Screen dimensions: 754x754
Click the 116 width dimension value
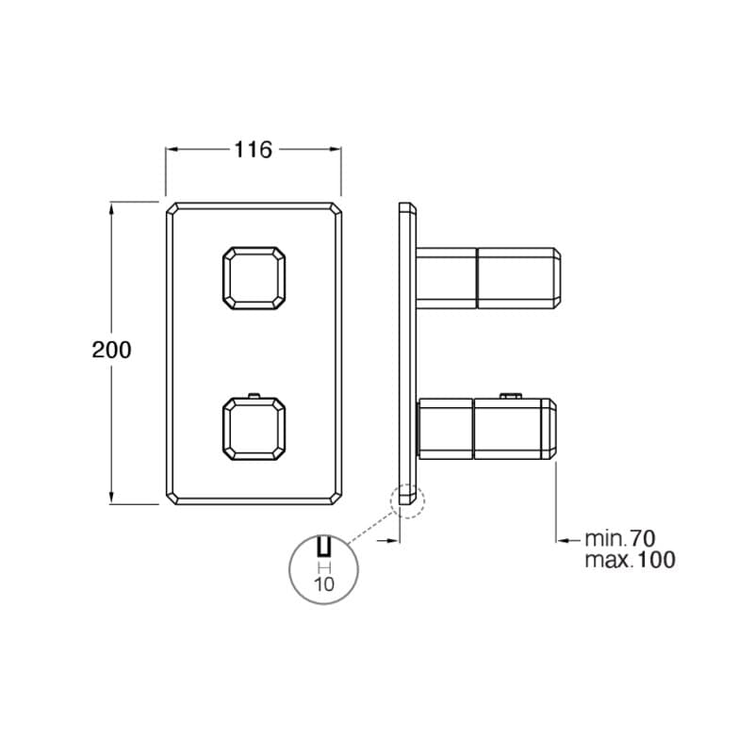(x=253, y=150)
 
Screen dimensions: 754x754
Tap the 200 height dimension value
(x=111, y=350)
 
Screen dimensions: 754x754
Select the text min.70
(x=620, y=538)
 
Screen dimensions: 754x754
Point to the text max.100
(x=630, y=560)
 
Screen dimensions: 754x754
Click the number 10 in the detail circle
(x=323, y=584)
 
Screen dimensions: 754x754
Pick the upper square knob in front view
(x=254, y=278)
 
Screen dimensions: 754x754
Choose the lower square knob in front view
(x=254, y=429)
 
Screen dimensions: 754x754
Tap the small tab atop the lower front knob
(x=254, y=396)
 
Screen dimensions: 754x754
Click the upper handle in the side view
(x=488, y=278)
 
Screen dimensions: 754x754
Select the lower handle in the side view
(x=487, y=429)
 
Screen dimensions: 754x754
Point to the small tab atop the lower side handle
(x=511, y=396)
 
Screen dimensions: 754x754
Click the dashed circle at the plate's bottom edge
(x=407, y=501)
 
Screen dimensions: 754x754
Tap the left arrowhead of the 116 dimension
(x=172, y=149)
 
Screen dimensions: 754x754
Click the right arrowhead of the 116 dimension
(x=336, y=149)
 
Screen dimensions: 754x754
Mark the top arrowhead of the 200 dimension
(x=111, y=208)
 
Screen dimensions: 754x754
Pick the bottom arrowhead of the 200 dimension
(x=111, y=498)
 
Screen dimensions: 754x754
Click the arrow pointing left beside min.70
(x=568, y=540)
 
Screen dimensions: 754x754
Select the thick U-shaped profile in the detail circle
(x=323, y=547)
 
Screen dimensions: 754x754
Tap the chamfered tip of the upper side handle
(x=557, y=278)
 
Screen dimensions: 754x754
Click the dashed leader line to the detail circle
(x=370, y=528)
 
